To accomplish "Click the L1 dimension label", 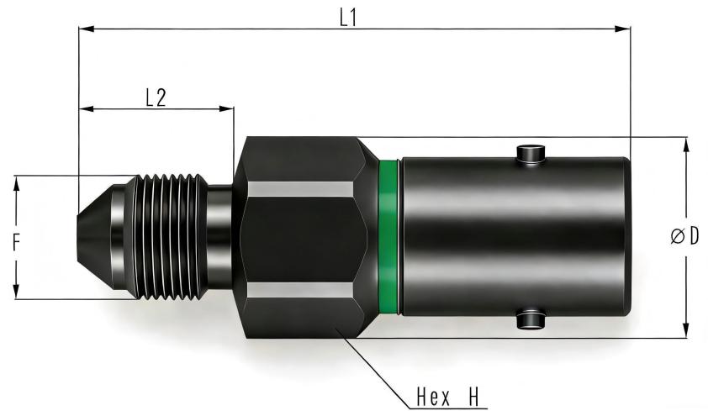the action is pos(349,18).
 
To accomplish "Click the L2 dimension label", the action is pos(156,97).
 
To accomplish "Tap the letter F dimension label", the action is pos(16,242).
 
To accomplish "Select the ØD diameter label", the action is pos(685,236).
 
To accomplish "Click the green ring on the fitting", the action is pos(388,237).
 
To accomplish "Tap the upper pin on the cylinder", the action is pos(531,154).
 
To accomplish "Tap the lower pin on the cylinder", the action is pos(531,319).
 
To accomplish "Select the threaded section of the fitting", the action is pos(170,237).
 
